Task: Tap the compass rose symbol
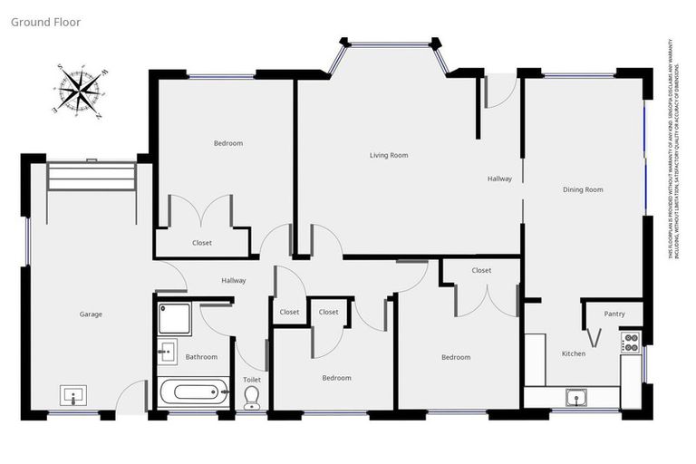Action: [82, 91]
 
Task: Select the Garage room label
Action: [91, 314]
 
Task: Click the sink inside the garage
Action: [73, 395]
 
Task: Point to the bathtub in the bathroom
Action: [193, 393]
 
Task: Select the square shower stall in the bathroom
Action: [174, 319]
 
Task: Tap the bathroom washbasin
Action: [167, 352]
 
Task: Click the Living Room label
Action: [389, 156]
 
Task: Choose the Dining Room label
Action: [583, 189]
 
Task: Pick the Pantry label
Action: [614, 314]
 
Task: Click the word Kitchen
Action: [573, 353]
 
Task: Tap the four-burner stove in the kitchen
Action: [630, 343]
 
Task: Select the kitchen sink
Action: [576, 396]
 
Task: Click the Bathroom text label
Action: [201, 357]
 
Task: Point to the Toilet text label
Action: [252, 379]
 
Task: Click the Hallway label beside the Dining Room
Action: [499, 179]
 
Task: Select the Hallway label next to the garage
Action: [234, 280]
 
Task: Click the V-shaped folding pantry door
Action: [594, 336]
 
